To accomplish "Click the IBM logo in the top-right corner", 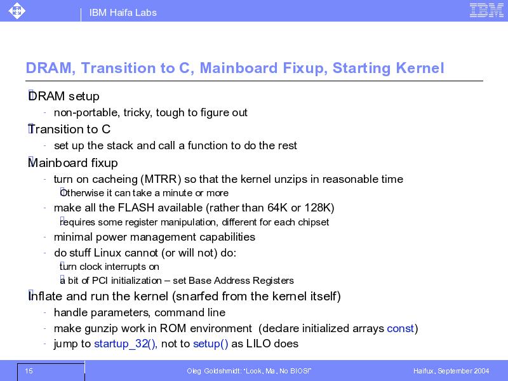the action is point(486,10).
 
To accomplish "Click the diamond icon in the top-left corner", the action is point(17,10).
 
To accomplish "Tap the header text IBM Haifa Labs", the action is point(123,13).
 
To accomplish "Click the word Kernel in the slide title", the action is point(420,68).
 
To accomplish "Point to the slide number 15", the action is point(29,371).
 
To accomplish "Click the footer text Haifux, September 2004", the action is point(451,371).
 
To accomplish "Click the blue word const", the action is point(401,328).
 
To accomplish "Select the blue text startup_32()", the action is point(125,344).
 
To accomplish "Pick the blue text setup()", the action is point(211,344).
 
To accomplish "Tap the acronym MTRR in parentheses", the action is point(163,179).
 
